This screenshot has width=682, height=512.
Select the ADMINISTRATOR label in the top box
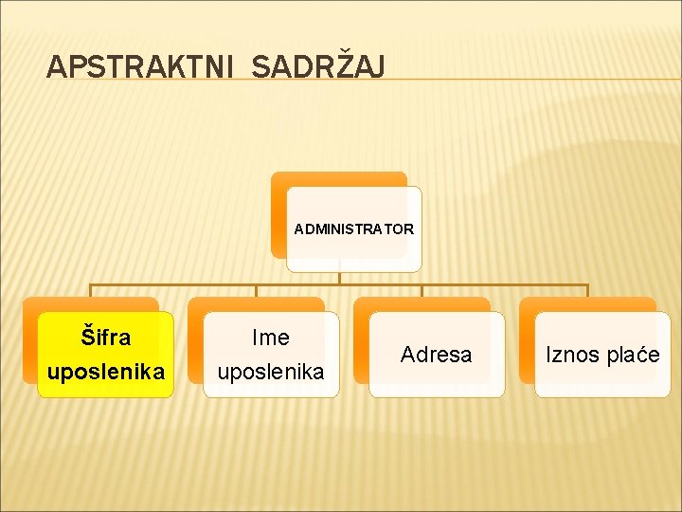353,229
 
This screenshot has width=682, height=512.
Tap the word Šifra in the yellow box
106,338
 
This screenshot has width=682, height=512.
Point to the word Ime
271,338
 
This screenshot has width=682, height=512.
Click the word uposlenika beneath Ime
271,372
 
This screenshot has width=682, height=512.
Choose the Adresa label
436,355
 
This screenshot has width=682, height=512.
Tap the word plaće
635,355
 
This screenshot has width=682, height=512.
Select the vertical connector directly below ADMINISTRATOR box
340,278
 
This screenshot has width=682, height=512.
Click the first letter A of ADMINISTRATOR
299,229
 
